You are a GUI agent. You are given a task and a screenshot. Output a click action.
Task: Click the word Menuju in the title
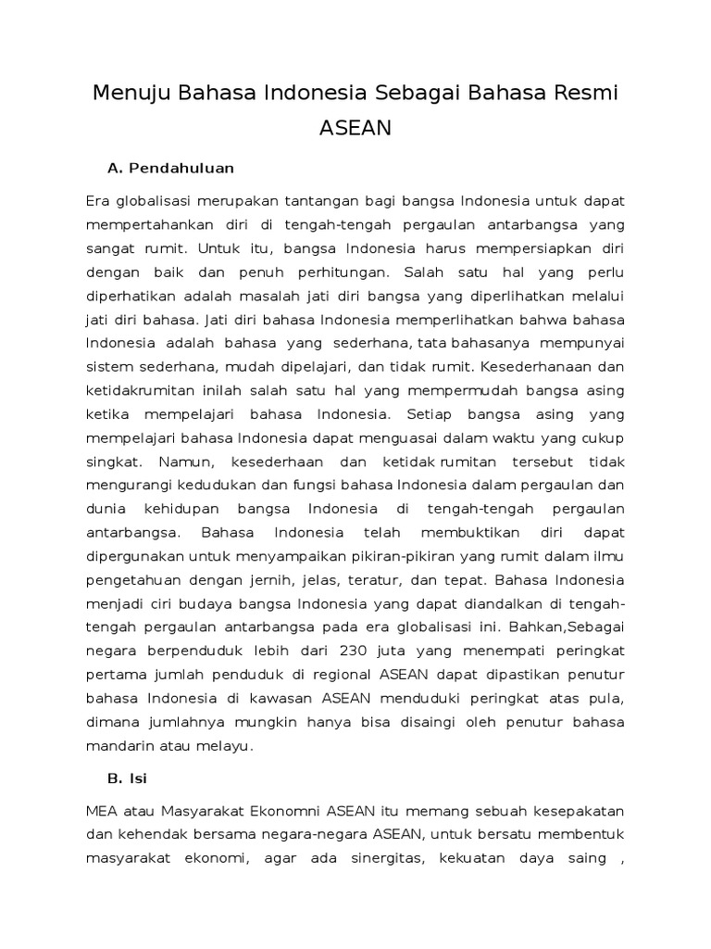tap(132, 94)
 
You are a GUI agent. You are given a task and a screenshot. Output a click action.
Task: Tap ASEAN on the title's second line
tap(355, 129)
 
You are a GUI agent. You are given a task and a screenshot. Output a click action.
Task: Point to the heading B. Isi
tap(128, 777)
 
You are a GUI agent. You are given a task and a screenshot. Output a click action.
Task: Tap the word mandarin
tap(118, 746)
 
